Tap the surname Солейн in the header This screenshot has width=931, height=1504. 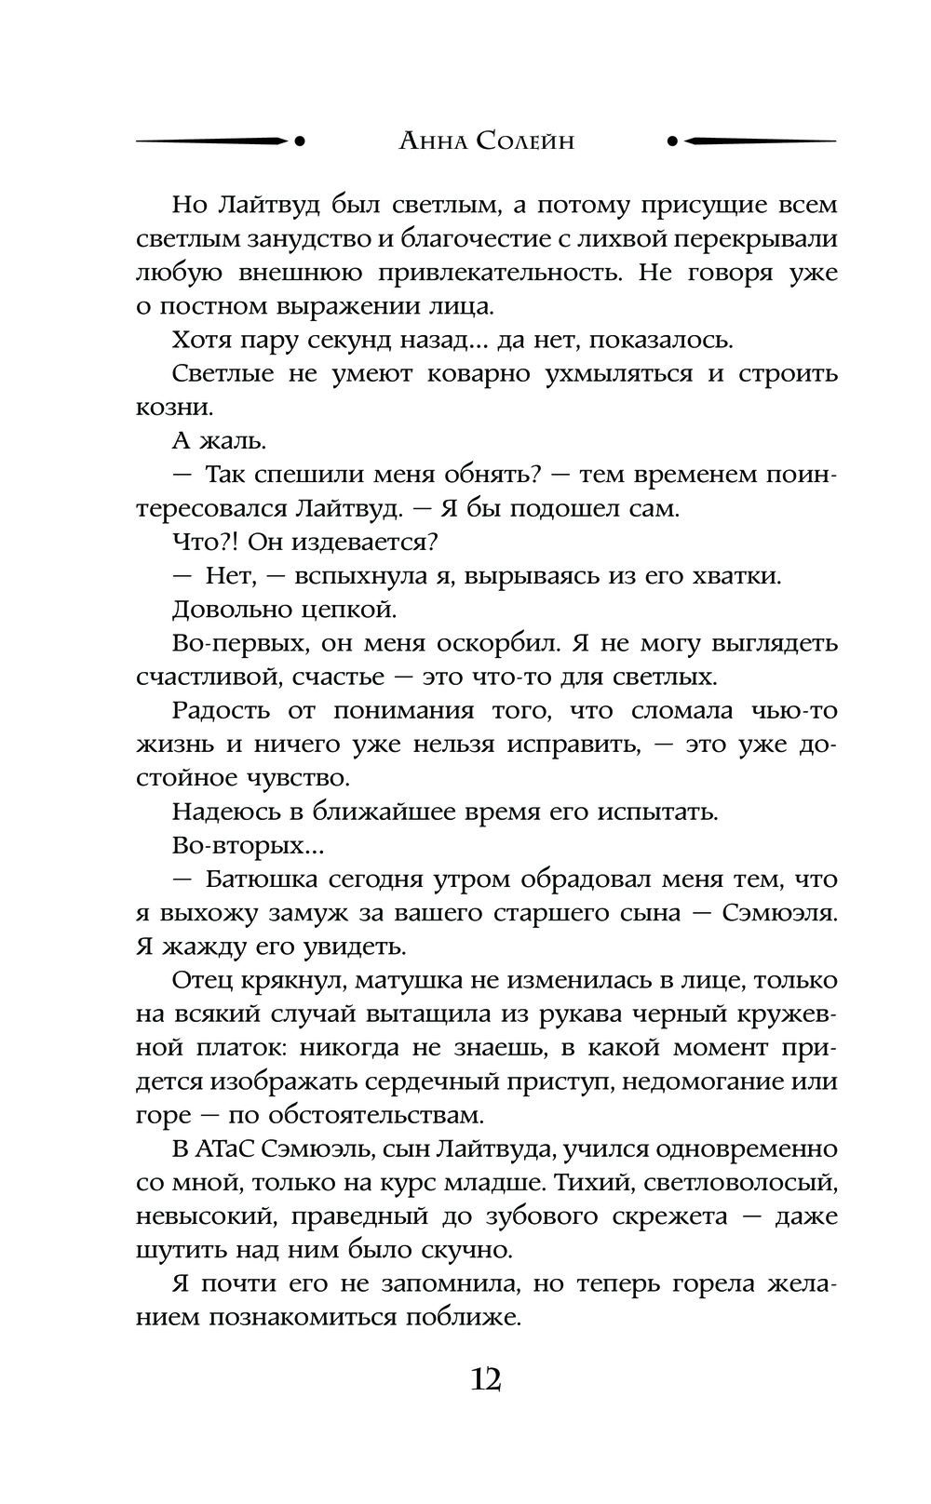(524, 142)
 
